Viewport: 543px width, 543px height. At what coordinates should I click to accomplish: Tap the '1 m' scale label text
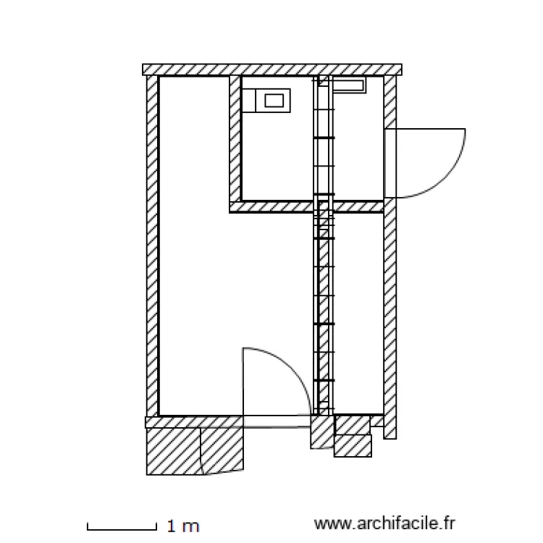pyautogui.click(x=182, y=526)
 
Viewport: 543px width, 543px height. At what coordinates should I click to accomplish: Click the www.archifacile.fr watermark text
pyautogui.click(x=385, y=523)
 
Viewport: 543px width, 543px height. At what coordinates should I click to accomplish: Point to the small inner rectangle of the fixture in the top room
pyautogui.click(x=273, y=100)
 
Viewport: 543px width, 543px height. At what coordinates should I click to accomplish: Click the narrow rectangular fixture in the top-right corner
pyautogui.click(x=350, y=87)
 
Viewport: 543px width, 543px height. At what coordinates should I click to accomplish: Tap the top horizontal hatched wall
pyautogui.click(x=271, y=69)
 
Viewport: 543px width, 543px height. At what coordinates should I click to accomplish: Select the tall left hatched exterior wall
pyautogui.click(x=152, y=246)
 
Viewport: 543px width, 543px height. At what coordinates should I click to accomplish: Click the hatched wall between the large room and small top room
pyautogui.click(x=235, y=138)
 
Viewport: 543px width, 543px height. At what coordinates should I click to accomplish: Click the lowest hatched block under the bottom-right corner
pyautogui.click(x=353, y=446)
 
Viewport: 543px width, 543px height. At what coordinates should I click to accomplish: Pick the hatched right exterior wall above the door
pyautogui.click(x=390, y=101)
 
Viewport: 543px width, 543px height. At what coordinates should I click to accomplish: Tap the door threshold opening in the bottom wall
pyautogui.click(x=278, y=421)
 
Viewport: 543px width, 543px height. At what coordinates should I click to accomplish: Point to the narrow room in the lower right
pyautogui.click(x=358, y=311)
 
